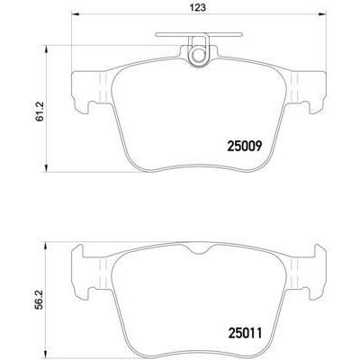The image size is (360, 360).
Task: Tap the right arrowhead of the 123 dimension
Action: point(324,16)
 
